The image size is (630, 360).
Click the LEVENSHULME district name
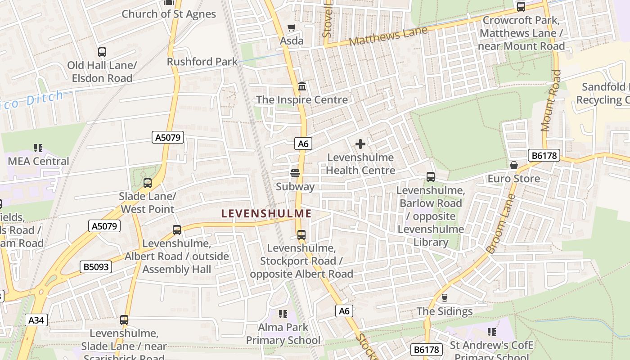266,214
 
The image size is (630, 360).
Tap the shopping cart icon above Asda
292,28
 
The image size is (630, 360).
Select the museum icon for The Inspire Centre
302,86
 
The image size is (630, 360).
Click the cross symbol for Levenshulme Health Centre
360,144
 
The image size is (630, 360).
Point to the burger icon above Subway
295,173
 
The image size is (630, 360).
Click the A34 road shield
36,320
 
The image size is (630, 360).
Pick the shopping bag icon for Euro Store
514,165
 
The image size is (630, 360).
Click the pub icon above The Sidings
445,297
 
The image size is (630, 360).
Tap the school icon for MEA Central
38,148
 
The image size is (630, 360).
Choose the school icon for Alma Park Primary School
283,314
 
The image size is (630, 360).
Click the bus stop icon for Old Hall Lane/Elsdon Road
102,52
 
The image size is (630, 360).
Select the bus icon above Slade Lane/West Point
148,183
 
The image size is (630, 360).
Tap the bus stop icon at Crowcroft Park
521,7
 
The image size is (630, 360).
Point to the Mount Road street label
551,100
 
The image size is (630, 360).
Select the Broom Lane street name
500,224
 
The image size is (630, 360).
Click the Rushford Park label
202,62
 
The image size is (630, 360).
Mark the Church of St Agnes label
169,14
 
